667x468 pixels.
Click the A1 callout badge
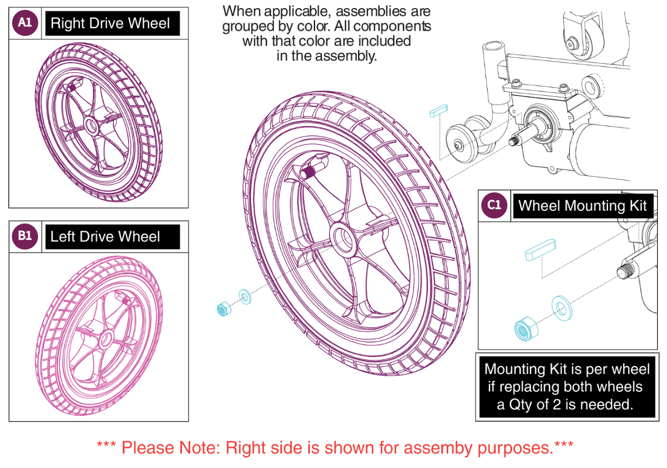[25, 23]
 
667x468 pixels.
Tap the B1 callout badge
[25, 236]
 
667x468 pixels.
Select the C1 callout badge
[494, 205]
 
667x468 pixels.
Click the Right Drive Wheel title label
[110, 23]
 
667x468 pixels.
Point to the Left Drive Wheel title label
[105, 237]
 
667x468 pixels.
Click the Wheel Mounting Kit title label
[582, 206]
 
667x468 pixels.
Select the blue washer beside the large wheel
[245, 297]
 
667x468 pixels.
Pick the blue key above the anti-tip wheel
[438, 110]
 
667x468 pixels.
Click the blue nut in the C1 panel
[526, 329]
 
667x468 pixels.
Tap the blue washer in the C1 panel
[561, 308]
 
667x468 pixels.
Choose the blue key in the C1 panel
[540, 249]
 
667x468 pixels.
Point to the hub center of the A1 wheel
[91, 124]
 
